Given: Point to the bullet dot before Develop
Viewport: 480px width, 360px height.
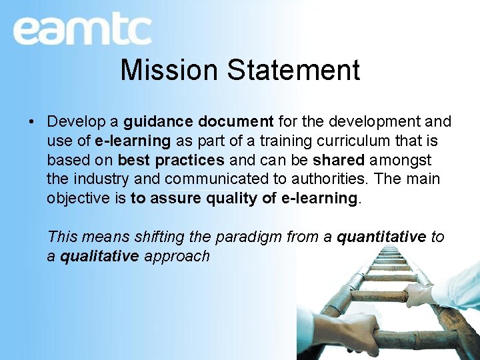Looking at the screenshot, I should (31, 122).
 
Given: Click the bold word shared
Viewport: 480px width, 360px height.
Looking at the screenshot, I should (338, 161).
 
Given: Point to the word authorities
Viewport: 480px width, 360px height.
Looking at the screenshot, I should (329, 180).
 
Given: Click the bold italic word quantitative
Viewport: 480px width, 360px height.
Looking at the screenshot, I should (381, 237).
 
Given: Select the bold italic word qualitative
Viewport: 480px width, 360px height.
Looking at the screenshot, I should (99, 256).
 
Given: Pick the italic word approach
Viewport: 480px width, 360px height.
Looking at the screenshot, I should (177, 256).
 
